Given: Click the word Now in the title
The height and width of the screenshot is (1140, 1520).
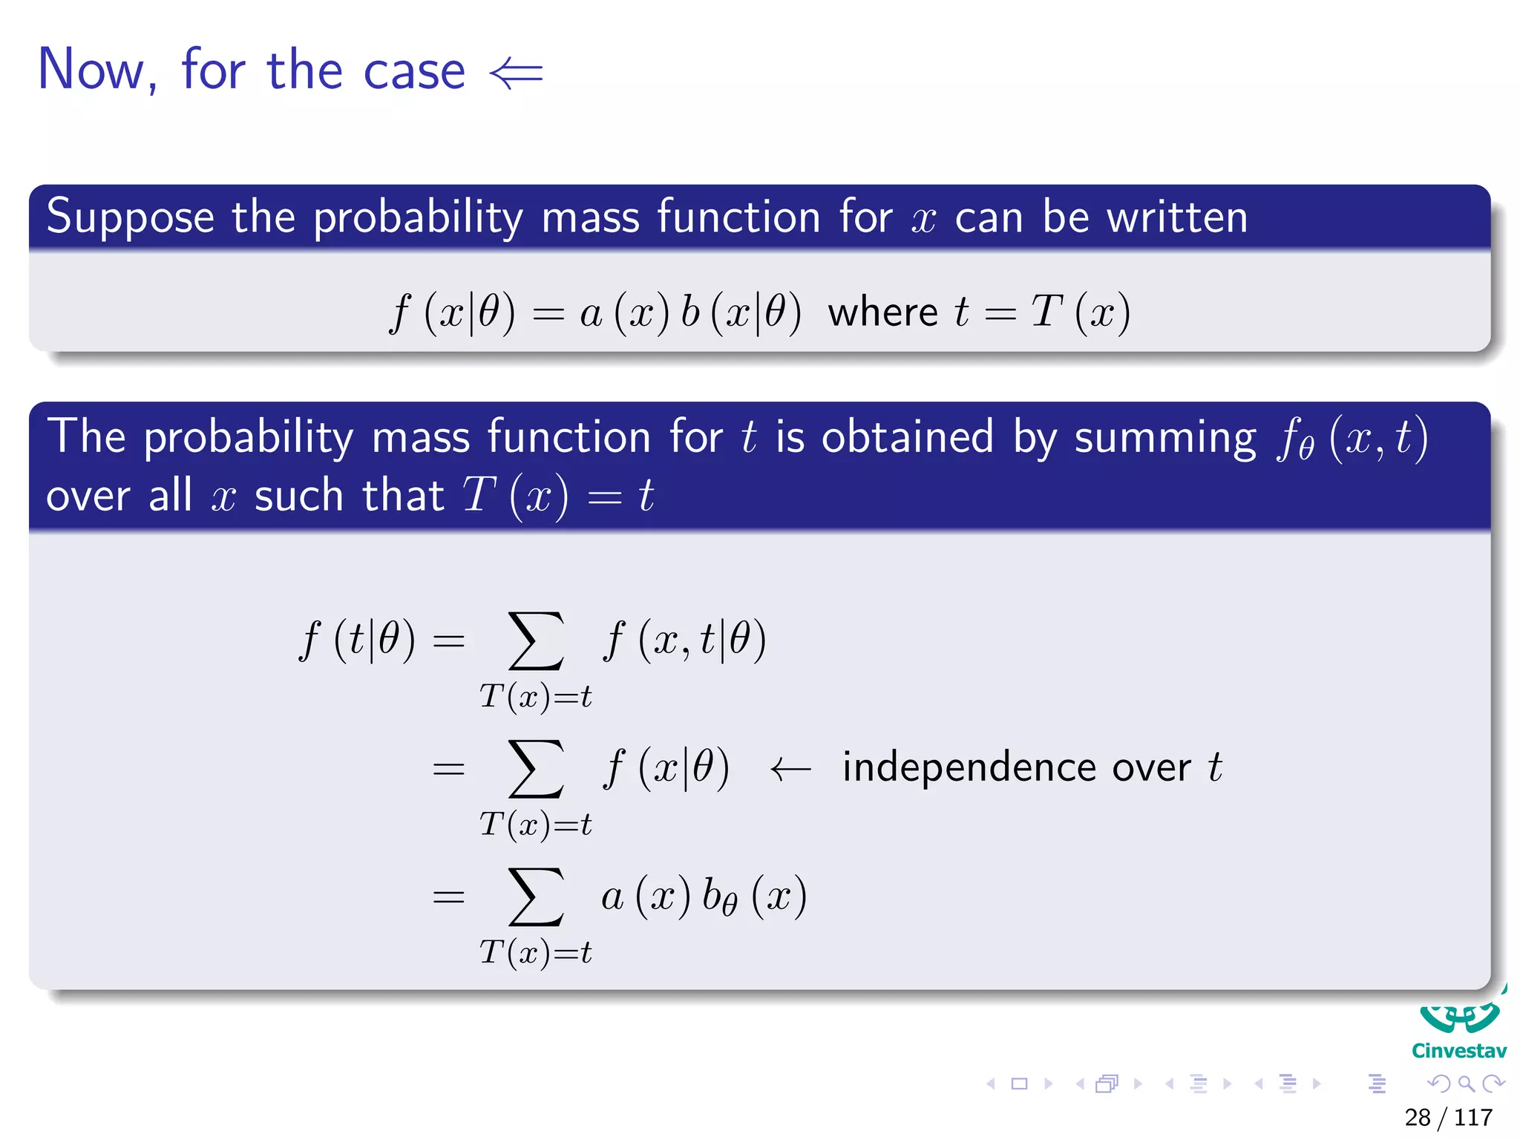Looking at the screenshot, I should tap(91, 71).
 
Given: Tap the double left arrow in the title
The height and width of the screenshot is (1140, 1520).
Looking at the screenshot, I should tap(517, 73).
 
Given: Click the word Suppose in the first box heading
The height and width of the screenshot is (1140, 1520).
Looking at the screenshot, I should tap(130, 217).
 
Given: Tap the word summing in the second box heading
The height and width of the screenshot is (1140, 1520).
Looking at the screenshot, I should tap(1165, 437).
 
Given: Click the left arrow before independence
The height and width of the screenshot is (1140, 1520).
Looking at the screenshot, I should tap(790, 769).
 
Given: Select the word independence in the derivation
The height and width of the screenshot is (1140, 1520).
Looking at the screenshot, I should tap(969, 767).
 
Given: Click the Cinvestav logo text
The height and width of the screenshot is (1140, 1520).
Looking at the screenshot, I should tap(1458, 1051).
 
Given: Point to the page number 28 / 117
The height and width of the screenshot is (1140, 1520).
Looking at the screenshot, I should tap(1448, 1117).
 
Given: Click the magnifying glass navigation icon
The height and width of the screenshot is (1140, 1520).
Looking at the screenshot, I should tap(1466, 1084).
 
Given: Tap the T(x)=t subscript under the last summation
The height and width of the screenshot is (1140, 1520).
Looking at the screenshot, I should tap(536, 952).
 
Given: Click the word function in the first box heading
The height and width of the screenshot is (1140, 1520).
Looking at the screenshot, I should tap(738, 217).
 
